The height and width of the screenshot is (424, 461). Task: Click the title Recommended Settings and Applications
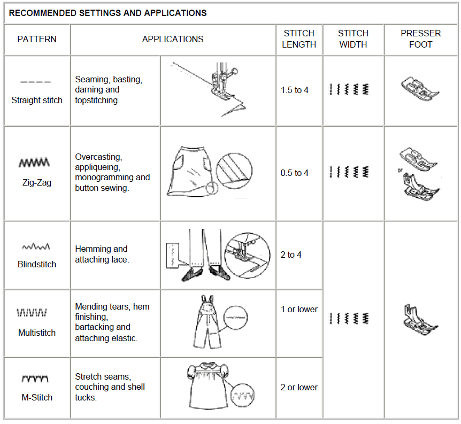[108, 13]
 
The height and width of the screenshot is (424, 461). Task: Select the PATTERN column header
[37, 39]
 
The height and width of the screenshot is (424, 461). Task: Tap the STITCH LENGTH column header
[299, 39]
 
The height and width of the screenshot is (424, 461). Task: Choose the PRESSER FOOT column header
[420, 39]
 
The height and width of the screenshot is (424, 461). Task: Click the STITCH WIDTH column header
[353, 39]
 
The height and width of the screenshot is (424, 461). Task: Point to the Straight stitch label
[37, 100]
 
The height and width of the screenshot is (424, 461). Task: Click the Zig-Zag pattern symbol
[35, 162]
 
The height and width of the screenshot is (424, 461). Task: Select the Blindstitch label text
[37, 264]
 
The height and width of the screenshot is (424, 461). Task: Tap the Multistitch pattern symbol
[33, 312]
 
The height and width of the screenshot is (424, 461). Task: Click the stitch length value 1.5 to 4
[295, 90]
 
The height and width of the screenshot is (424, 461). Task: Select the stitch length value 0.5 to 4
[295, 173]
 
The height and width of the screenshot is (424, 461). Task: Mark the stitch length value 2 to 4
[291, 255]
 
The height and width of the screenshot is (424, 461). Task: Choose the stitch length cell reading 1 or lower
[299, 309]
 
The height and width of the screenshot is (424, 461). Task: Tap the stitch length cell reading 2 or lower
[299, 387]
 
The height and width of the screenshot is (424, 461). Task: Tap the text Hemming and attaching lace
[102, 254]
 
